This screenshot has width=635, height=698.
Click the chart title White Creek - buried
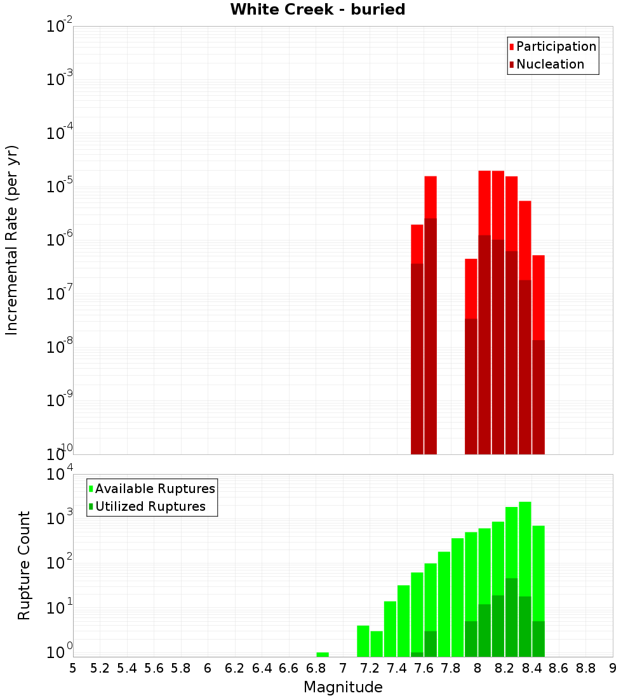pos(317,10)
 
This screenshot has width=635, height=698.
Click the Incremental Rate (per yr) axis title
pos(12,240)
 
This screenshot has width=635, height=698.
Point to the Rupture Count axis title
pos(24,565)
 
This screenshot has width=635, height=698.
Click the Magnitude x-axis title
pos(343,687)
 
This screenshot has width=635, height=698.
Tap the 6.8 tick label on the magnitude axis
pos(316,668)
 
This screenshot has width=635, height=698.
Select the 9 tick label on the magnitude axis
pos(613,668)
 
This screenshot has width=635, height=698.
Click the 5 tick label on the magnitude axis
pos(73,668)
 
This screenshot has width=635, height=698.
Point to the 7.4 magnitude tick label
pos(397,668)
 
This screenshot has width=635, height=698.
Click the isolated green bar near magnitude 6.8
pos(323,654)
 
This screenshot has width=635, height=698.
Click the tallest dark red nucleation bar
pos(431,336)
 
